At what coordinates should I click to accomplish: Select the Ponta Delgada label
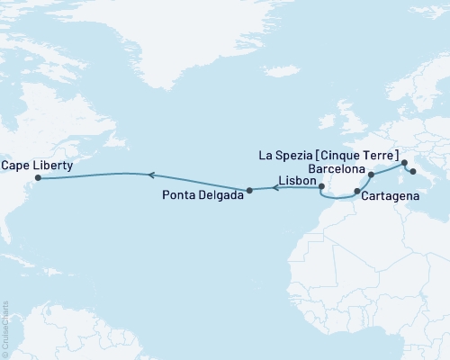coord(202,195)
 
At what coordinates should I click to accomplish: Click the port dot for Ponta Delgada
coord(249,190)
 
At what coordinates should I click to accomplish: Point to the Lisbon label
coord(297,181)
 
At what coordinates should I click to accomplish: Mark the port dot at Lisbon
coord(321,186)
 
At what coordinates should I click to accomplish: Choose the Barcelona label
coord(336,169)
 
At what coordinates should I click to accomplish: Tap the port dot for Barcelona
coord(371,175)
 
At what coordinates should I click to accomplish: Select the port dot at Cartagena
coord(357,192)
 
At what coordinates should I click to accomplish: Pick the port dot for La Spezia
coord(404,164)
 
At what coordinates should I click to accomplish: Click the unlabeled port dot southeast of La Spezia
coord(412,171)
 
